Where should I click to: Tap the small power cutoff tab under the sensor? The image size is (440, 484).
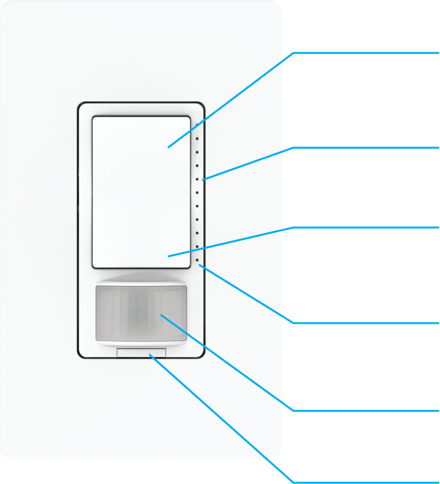(x=141, y=353)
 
